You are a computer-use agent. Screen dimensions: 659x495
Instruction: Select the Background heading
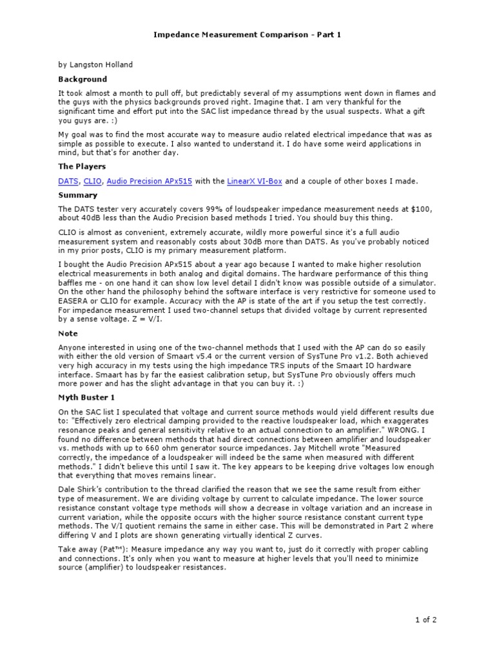point(82,79)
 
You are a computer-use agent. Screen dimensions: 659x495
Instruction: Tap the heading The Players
point(82,167)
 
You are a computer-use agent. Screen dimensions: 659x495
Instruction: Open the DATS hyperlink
point(68,181)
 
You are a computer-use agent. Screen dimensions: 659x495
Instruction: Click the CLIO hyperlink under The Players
point(93,181)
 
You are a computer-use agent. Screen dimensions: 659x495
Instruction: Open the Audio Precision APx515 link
point(150,181)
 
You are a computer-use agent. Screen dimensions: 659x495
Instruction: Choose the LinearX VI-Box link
point(255,181)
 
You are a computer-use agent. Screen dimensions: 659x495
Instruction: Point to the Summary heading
point(78,195)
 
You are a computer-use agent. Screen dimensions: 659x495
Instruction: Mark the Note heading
point(68,333)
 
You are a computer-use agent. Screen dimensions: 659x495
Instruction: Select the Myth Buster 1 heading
point(86,398)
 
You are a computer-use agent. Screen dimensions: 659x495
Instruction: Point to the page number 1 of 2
point(425,620)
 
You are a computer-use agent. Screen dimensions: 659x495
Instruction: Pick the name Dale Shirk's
point(82,490)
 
